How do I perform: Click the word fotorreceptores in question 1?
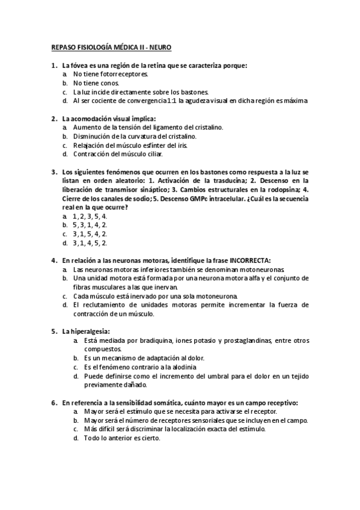(124, 74)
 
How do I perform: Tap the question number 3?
(54, 171)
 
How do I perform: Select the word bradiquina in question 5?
(141, 340)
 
